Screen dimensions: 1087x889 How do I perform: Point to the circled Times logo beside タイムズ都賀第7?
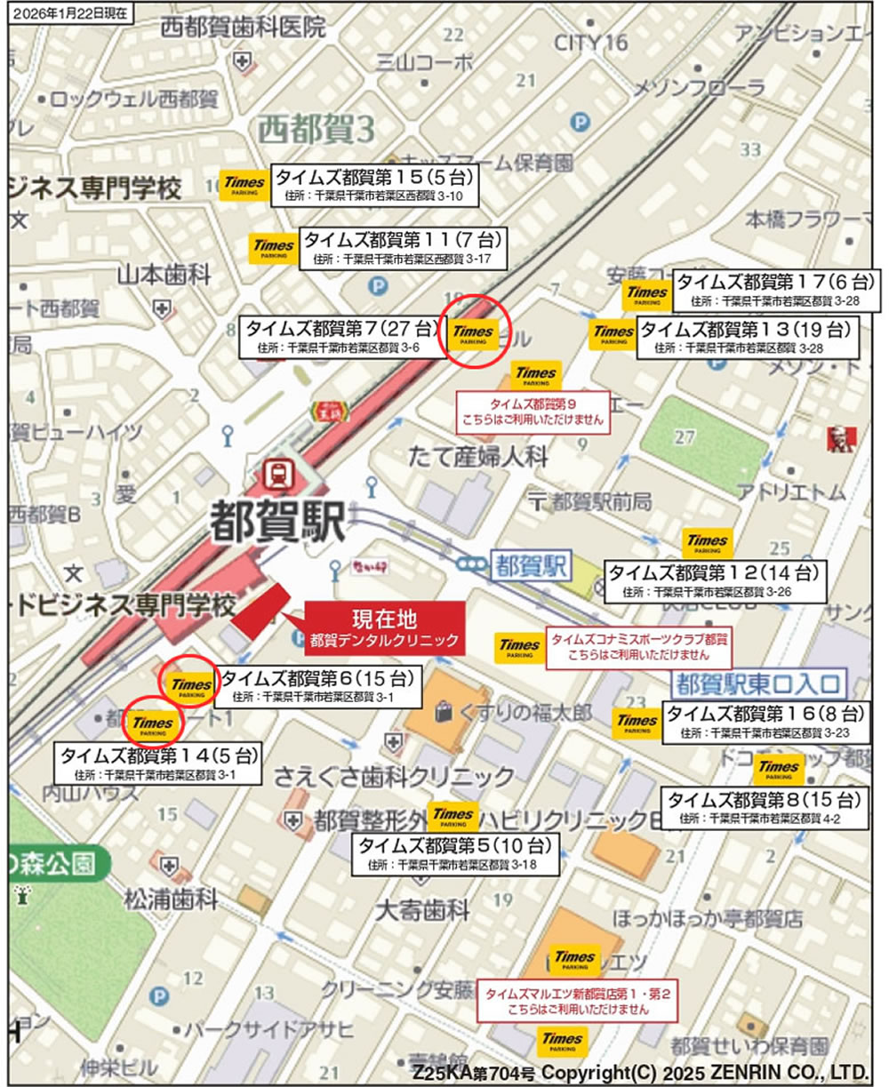[x=473, y=332]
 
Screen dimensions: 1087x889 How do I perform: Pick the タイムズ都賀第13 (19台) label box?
[x=745, y=338]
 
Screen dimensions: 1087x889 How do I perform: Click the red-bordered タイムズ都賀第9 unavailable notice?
[x=533, y=411]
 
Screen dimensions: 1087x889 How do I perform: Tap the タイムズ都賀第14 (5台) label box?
[x=159, y=764]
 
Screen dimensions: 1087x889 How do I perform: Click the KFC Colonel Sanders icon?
[x=836, y=438]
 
